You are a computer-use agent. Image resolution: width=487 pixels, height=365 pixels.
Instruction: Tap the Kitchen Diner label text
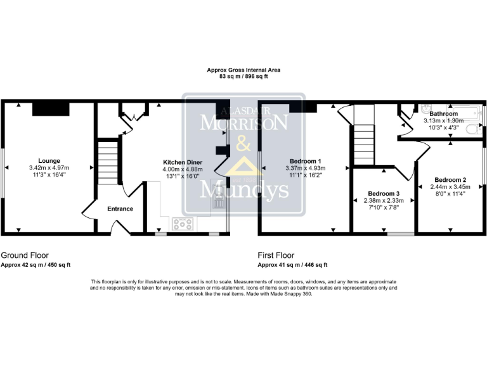coord(183,162)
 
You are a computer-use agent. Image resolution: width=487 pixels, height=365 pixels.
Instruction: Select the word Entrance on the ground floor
coord(120,208)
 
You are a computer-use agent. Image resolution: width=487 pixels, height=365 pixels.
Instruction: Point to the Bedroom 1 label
coord(306,160)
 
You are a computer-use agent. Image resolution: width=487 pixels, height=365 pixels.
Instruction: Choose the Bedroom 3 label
coord(384,193)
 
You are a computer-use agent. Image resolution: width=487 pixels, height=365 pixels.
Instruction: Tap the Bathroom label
coord(443,113)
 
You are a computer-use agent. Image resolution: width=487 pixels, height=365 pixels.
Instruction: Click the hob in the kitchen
coord(184,224)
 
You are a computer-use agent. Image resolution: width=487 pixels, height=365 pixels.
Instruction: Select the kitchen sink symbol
coord(218,202)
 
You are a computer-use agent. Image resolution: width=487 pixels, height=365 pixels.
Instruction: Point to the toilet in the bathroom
coord(472,129)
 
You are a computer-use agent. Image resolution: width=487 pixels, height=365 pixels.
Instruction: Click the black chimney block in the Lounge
coord(46,108)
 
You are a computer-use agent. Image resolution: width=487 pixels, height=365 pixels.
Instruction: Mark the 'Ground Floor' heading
coord(25,254)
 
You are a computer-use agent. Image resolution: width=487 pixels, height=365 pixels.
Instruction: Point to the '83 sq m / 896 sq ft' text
coord(243,76)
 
